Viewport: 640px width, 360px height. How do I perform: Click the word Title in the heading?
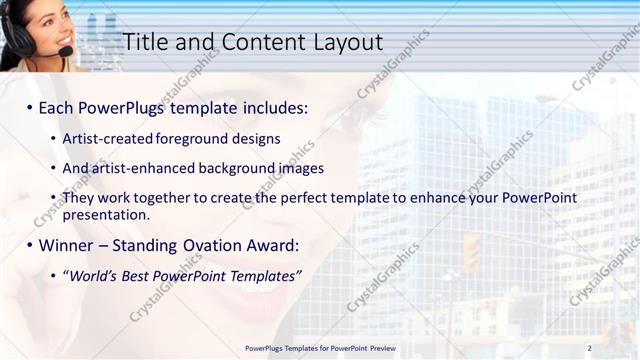pyautogui.click(x=145, y=42)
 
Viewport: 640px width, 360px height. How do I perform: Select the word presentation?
pyautogui.click(x=105, y=214)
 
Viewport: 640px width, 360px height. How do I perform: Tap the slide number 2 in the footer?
pyautogui.click(x=589, y=348)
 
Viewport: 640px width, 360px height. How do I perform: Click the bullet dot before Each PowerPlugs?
pyautogui.click(x=29, y=107)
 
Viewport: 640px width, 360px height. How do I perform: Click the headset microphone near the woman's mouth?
pyautogui.click(x=65, y=51)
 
